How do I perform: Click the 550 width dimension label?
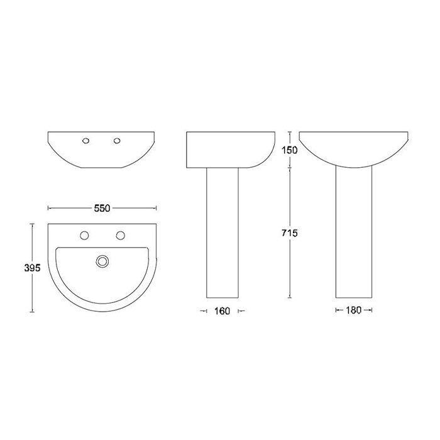coord(102,209)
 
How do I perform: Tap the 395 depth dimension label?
coord(32,268)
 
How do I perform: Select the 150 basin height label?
coord(289,150)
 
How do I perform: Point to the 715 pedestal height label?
coord(290,233)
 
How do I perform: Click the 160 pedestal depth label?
coord(223,311)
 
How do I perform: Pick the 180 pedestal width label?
coord(353,311)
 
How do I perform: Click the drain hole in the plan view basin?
coord(102,261)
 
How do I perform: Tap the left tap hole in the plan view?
coord(84,236)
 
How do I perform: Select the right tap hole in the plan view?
coord(121,236)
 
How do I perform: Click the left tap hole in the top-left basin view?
coord(86,141)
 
